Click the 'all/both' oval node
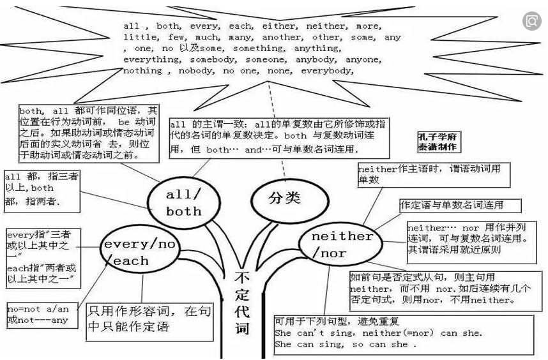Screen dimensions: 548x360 183,202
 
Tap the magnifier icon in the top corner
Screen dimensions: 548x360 531,22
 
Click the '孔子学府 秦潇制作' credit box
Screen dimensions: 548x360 438,142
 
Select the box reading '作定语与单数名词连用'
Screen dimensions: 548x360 460,206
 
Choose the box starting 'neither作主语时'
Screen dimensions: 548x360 434,174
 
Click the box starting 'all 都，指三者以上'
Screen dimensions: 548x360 42,190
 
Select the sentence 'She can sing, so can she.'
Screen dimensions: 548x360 345,345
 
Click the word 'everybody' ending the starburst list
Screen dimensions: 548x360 327,71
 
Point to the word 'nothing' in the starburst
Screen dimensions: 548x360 142,71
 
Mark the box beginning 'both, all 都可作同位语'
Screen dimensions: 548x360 87,132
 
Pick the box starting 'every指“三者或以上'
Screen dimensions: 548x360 43,258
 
